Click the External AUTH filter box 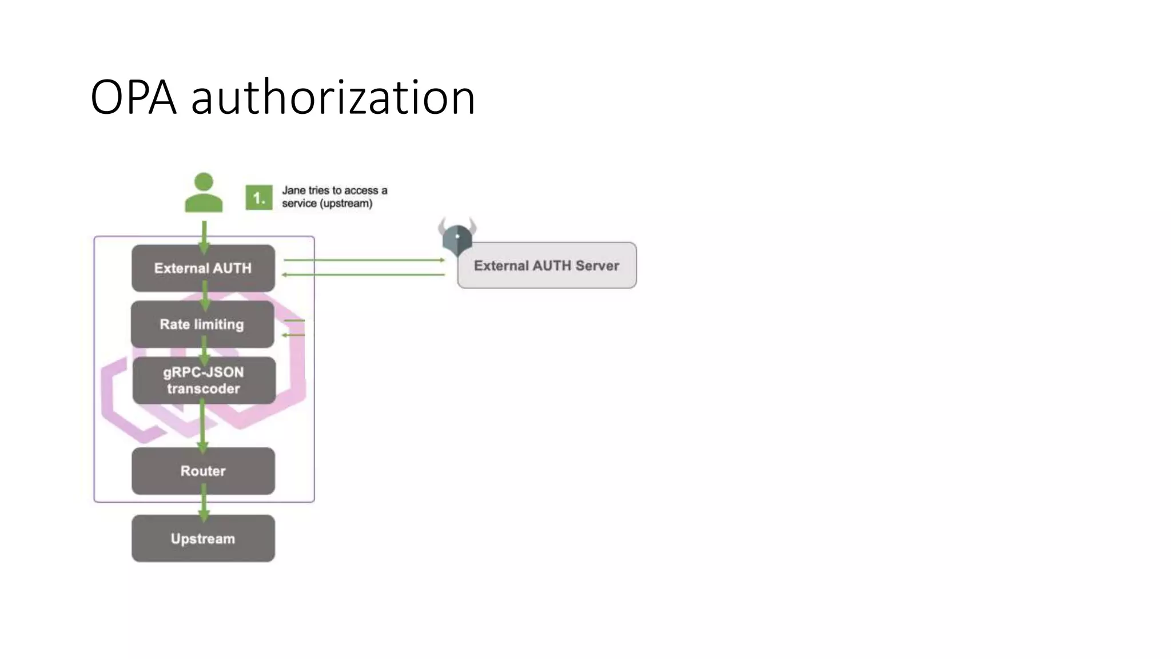click(x=203, y=268)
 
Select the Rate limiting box click(x=202, y=324)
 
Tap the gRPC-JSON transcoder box click(x=204, y=380)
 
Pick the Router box click(x=203, y=471)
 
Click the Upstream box click(x=203, y=538)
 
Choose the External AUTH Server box click(x=547, y=265)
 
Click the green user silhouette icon click(x=204, y=193)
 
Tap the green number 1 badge click(x=258, y=198)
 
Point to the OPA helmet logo click(x=457, y=237)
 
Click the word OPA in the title click(x=133, y=98)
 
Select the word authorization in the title click(x=333, y=98)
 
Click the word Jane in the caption click(x=294, y=190)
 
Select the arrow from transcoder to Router click(x=202, y=426)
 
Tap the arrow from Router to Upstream click(x=204, y=503)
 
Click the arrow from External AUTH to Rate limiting click(x=205, y=296)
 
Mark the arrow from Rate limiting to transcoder click(x=204, y=351)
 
